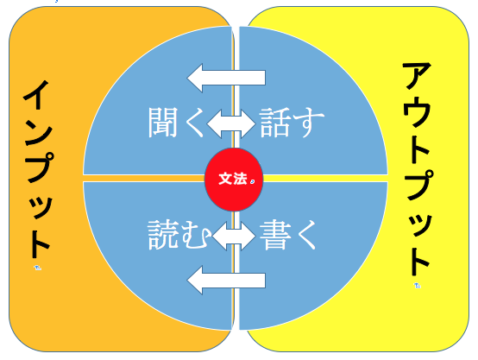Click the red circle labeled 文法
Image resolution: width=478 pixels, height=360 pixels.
pos(234,180)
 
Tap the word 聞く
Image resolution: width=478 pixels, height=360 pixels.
pos(176,123)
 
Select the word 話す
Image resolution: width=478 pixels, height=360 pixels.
pos(292,123)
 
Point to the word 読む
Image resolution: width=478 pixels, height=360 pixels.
pos(179,235)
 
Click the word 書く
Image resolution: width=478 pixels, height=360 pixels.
pos(288,235)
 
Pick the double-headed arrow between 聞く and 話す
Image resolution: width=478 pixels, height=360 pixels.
pos(231,123)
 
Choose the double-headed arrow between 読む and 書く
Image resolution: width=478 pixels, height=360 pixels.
pos(234,236)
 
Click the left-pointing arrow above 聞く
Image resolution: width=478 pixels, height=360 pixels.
pos(226,78)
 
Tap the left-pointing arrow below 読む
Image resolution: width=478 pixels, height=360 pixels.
pos(226,281)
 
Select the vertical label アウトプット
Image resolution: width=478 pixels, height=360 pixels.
pos(418,168)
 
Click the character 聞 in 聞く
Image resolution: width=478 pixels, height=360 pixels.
pos(163,123)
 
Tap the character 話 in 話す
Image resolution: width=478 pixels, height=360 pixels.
pos(274,123)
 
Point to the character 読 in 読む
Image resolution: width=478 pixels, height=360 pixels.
pos(163,235)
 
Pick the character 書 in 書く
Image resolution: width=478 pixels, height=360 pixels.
pos(274,235)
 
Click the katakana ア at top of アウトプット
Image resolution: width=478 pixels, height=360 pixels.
pos(417,76)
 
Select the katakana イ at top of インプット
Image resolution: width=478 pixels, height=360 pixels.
pos(36,95)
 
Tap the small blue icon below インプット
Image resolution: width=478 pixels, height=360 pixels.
pos(37,268)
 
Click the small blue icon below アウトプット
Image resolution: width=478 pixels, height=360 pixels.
pos(418,285)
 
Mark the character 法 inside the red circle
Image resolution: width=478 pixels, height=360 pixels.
pos(240,179)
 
